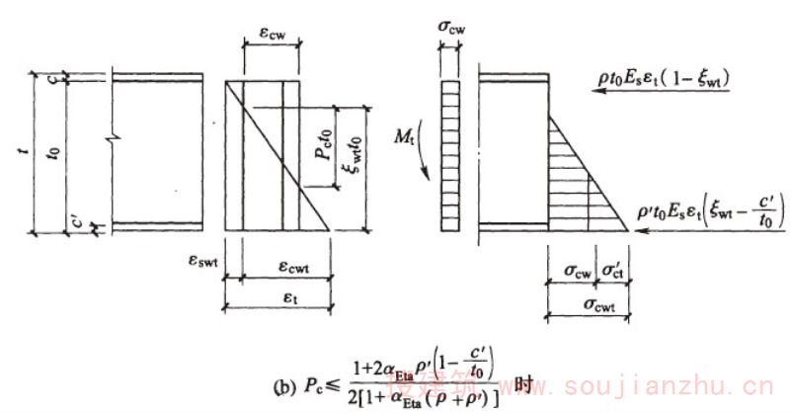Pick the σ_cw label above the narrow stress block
coord(454,22)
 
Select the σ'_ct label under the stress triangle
coord(612,271)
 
